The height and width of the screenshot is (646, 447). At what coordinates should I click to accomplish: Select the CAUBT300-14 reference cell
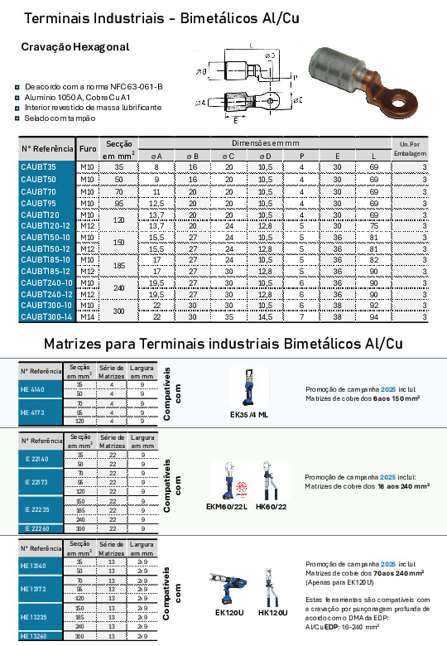click(x=46, y=316)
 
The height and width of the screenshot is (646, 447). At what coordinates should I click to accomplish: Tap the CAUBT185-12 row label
click(x=46, y=271)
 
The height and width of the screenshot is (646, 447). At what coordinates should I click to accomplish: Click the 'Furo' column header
click(x=88, y=149)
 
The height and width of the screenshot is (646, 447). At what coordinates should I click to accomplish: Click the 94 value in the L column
click(x=373, y=316)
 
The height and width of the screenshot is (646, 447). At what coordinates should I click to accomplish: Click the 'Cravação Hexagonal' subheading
click(x=75, y=47)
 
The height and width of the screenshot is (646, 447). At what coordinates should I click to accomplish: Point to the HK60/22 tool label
click(x=272, y=507)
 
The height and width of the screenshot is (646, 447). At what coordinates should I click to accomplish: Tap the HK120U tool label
click(x=273, y=613)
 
